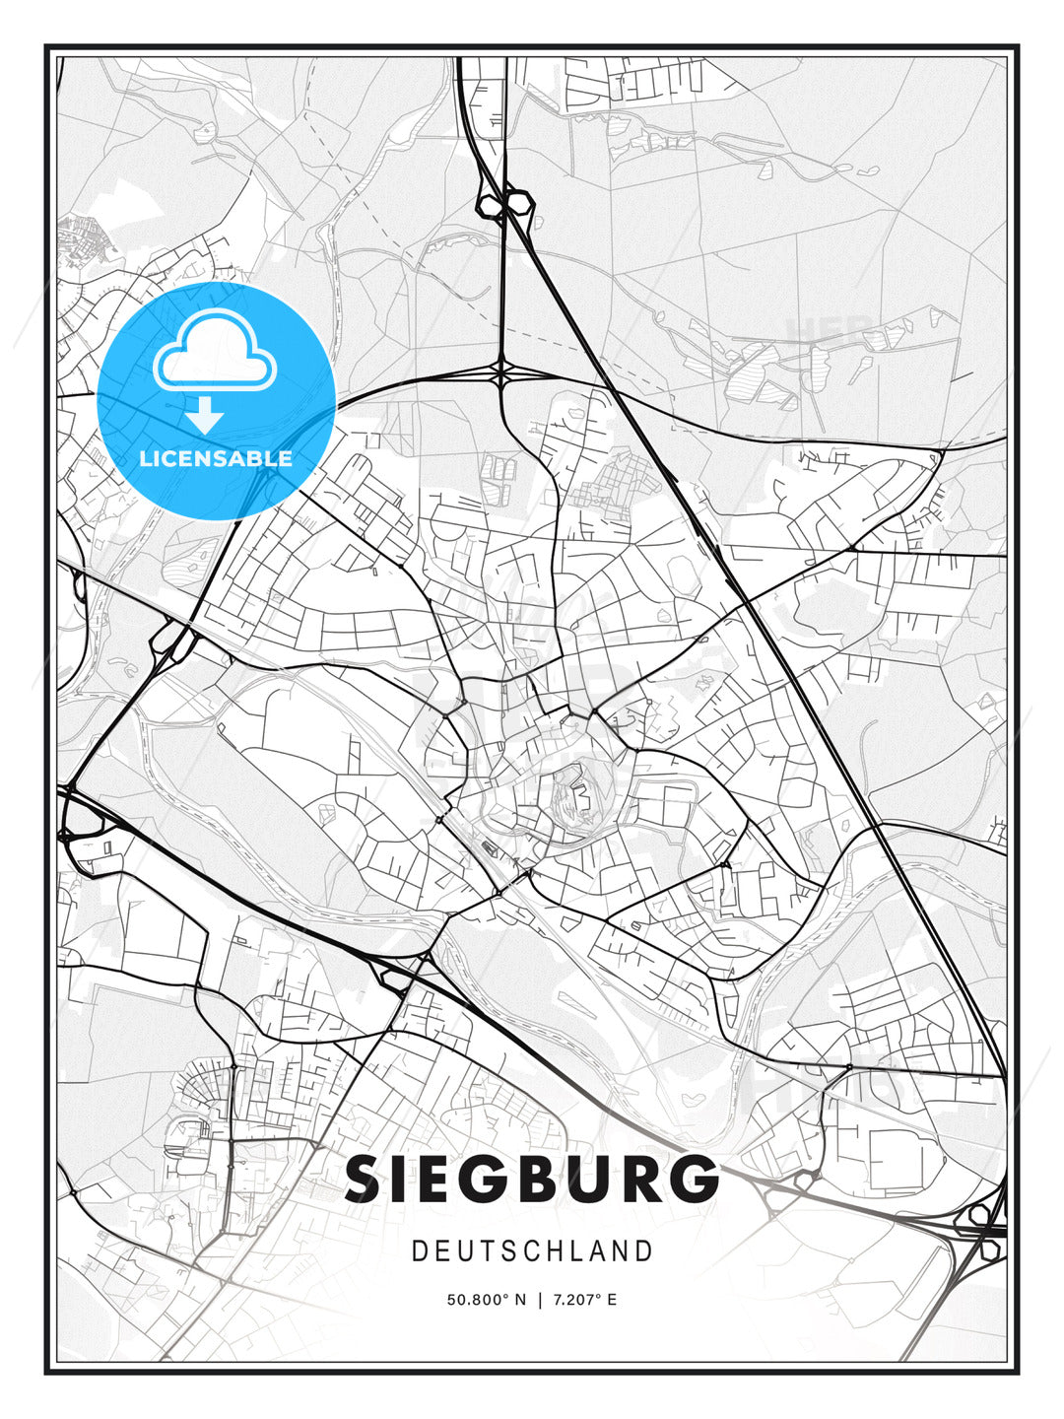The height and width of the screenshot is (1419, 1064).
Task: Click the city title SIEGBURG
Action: point(532,1179)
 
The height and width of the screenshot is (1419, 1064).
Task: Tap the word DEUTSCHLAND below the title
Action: point(532,1251)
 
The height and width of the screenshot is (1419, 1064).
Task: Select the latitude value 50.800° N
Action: point(487,1300)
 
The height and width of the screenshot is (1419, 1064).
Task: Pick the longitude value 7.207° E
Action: point(584,1300)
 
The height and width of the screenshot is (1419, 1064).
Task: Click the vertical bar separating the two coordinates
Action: point(540,1300)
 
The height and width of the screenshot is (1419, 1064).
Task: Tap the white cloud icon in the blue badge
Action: point(215,349)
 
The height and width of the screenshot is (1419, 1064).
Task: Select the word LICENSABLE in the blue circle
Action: point(216,458)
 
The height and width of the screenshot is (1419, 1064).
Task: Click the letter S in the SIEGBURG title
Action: point(366,1179)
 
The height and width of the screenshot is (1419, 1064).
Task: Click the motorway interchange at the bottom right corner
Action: point(985,1222)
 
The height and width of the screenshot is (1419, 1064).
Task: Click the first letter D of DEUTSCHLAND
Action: point(419,1251)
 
